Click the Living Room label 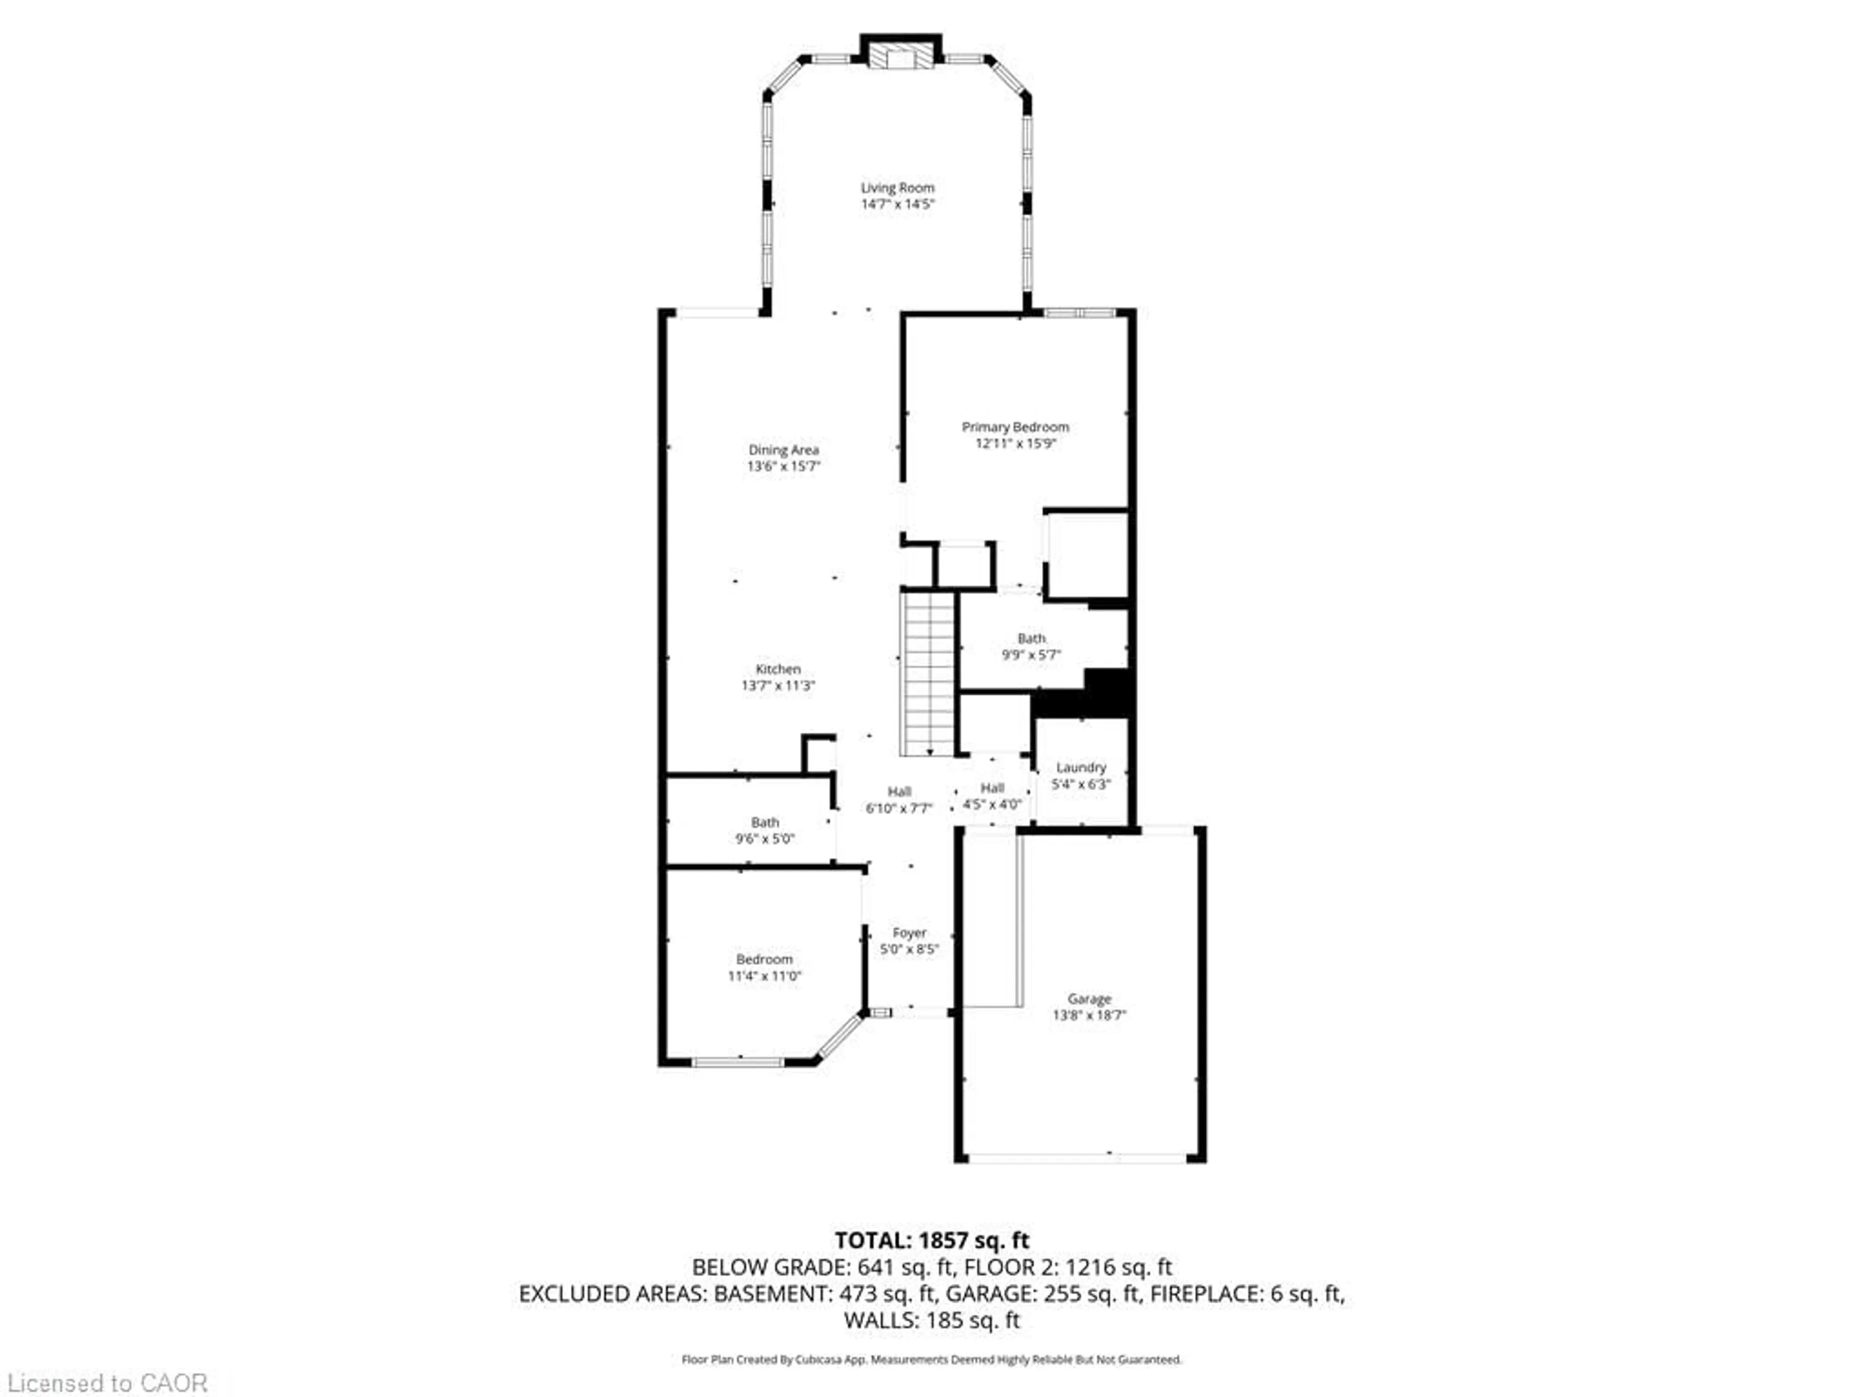pos(897,188)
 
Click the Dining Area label pos(783,450)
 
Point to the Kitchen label pos(777,668)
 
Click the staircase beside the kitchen pos(928,674)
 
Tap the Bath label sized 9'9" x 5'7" pos(1031,638)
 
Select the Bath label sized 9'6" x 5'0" pos(765,822)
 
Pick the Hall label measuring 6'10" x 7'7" pos(899,792)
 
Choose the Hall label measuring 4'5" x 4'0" pos(992,788)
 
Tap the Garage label pos(1089,999)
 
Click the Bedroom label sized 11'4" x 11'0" pos(764,959)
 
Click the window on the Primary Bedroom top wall pos(1080,313)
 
